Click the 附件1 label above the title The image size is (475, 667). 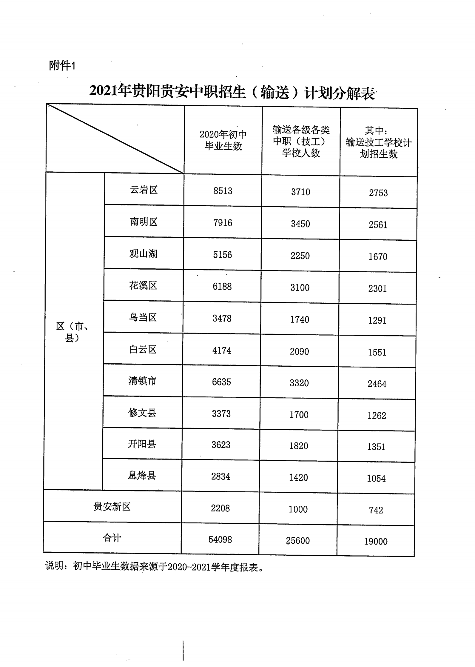click(62, 65)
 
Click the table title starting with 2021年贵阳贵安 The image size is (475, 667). click(232, 92)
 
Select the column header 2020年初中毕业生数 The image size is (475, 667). click(223, 140)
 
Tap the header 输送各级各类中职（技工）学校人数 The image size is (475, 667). click(301, 141)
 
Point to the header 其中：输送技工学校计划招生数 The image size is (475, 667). click(378, 142)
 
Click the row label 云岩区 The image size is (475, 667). click(144, 190)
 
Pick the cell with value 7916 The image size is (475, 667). click(223, 223)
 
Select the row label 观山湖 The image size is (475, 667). click(143, 254)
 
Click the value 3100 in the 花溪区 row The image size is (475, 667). click(300, 288)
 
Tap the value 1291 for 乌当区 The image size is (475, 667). click(377, 320)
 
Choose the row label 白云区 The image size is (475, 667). click(143, 349)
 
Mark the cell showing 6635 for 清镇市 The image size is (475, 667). click(221, 382)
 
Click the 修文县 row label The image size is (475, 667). click(142, 413)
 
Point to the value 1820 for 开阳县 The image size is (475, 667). click(299, 446)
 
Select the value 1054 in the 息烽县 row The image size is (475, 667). click(376, 478)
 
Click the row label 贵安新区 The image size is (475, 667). click(112, 507)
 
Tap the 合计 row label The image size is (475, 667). click(112, 538)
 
